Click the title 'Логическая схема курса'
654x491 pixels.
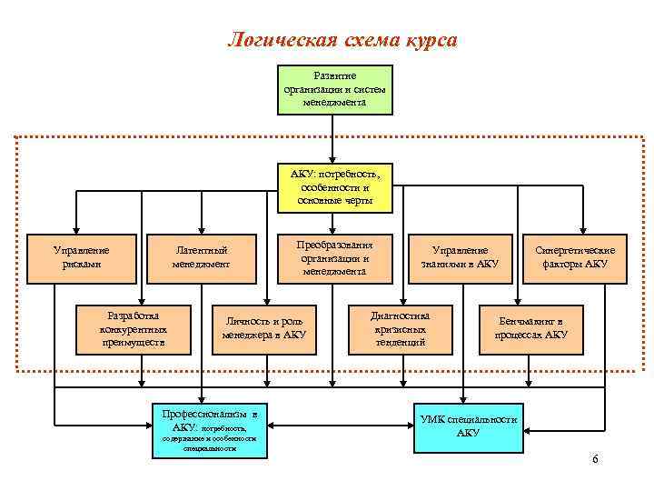click(x=341, y=41)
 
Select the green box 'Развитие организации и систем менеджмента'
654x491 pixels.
click(x=334, y=89)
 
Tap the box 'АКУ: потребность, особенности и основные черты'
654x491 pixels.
click(x=334, y=186)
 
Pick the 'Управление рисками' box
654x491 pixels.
click(x=82, y=257)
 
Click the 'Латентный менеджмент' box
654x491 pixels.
click(x=201, y=257)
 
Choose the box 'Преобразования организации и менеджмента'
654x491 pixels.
click(x=334, y=257)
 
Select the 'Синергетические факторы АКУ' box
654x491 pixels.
click(x=575, y=257)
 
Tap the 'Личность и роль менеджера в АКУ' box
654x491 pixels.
click(x=263, y=328)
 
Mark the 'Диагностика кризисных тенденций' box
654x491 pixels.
click(x=400, y=328)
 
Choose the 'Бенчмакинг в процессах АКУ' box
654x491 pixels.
click(x=532, y=328)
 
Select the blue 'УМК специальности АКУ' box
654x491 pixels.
click(x=468, y=426)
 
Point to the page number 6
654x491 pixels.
click(x=595, y=459)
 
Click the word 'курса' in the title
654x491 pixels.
click(x=427, y=41)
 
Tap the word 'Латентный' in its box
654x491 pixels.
click(x=201, y=250)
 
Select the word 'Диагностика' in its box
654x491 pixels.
click(x=400, y=316)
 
